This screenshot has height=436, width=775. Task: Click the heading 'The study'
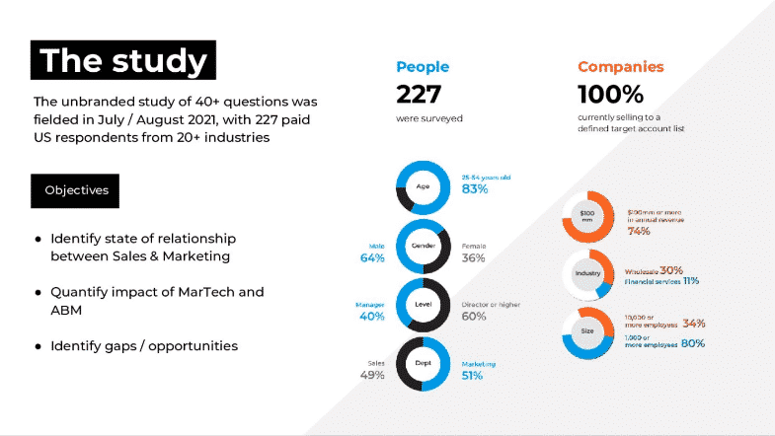click(x=124, y=61)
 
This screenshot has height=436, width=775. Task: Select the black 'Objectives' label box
click(x=77, y=189)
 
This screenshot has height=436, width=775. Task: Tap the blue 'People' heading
click(x=423, y=67)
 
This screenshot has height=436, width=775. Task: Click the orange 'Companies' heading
click(x=620, y=67)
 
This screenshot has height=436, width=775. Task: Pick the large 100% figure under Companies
click(x=610, y=95)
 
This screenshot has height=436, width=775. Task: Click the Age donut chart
click(x=424, y=187)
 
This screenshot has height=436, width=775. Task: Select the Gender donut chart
click(x=424, y=247)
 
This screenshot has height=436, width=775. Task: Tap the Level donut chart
click(x=424, y=306)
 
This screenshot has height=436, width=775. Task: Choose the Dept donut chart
click(x=424, y=365)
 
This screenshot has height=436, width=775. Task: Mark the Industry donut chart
click(x=589, y=273)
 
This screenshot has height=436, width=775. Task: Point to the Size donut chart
click(x=589, y=331)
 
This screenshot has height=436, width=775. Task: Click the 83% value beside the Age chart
click(x=475, y=189)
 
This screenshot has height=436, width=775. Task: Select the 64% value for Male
click(x=372, y=258)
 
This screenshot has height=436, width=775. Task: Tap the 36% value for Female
click(x=474, y=258)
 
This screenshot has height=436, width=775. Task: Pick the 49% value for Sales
click(x=372, y=376)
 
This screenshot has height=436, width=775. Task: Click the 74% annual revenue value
click(x=638, y=232)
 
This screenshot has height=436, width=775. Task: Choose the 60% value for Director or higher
click(x=474, y=317)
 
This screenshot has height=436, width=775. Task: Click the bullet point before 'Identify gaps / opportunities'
click(x=38, y=346)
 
